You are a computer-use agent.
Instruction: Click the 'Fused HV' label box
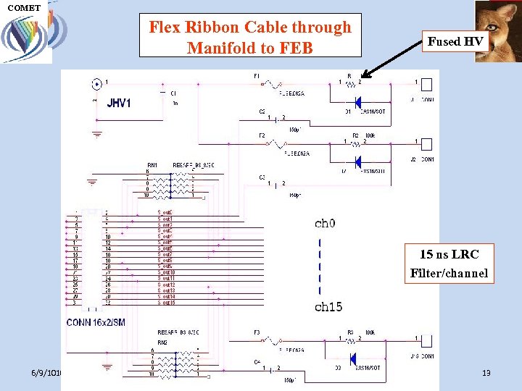pos(455,42)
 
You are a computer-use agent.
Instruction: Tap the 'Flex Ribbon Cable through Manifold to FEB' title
pos(250,38)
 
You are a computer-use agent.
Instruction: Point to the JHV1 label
pos(119,103)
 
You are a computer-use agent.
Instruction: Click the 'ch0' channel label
pos(325,224)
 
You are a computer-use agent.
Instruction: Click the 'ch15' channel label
pos(328,307)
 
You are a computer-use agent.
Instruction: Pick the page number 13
pos(486,373)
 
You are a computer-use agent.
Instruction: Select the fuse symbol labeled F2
pos(273,144)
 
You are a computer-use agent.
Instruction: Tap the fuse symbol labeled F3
pos(273,340)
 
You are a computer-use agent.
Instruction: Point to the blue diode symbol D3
pos(354,359)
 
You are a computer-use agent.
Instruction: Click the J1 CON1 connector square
pos(426,85)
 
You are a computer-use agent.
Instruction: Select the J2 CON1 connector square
pos(426,144)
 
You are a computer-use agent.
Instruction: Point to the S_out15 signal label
pos(165,302)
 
